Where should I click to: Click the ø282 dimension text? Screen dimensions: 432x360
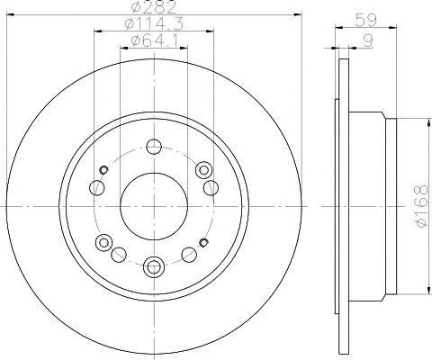154,6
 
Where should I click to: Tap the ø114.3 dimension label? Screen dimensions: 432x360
154,23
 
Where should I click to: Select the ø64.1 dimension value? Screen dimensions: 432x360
154,40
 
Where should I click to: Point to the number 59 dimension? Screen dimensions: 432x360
365,21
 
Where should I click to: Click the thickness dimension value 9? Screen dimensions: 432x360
368,40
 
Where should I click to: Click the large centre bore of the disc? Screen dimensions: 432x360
154,206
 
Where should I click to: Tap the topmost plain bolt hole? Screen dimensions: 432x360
154,147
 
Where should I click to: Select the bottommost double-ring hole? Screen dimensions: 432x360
154,265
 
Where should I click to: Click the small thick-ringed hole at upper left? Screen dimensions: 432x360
103,170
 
